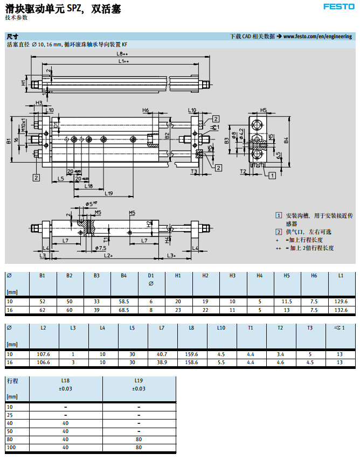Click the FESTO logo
pyautogui.click(x=338, y=6)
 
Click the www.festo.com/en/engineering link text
pyautogui.click(x=318, y=36)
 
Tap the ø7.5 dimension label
pyautogui.click(x=100, y=248)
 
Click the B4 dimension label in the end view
pyautogui.click(x=286, y=140)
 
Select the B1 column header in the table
pyautogui.click(x=42, y=276)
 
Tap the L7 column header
pyautogui.click(x=162, y=327)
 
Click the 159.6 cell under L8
pyautogui.click(x=191, y=353)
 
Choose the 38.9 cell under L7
pyautogui.click(x=162, y=362)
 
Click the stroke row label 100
pyautogui.click(x=11, y=447)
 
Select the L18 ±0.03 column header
pyautogui.click(x=66, y=384)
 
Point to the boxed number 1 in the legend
pyautogui.click(x=279, y=215)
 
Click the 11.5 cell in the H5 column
pyautogui.click(x=287, y=302)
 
